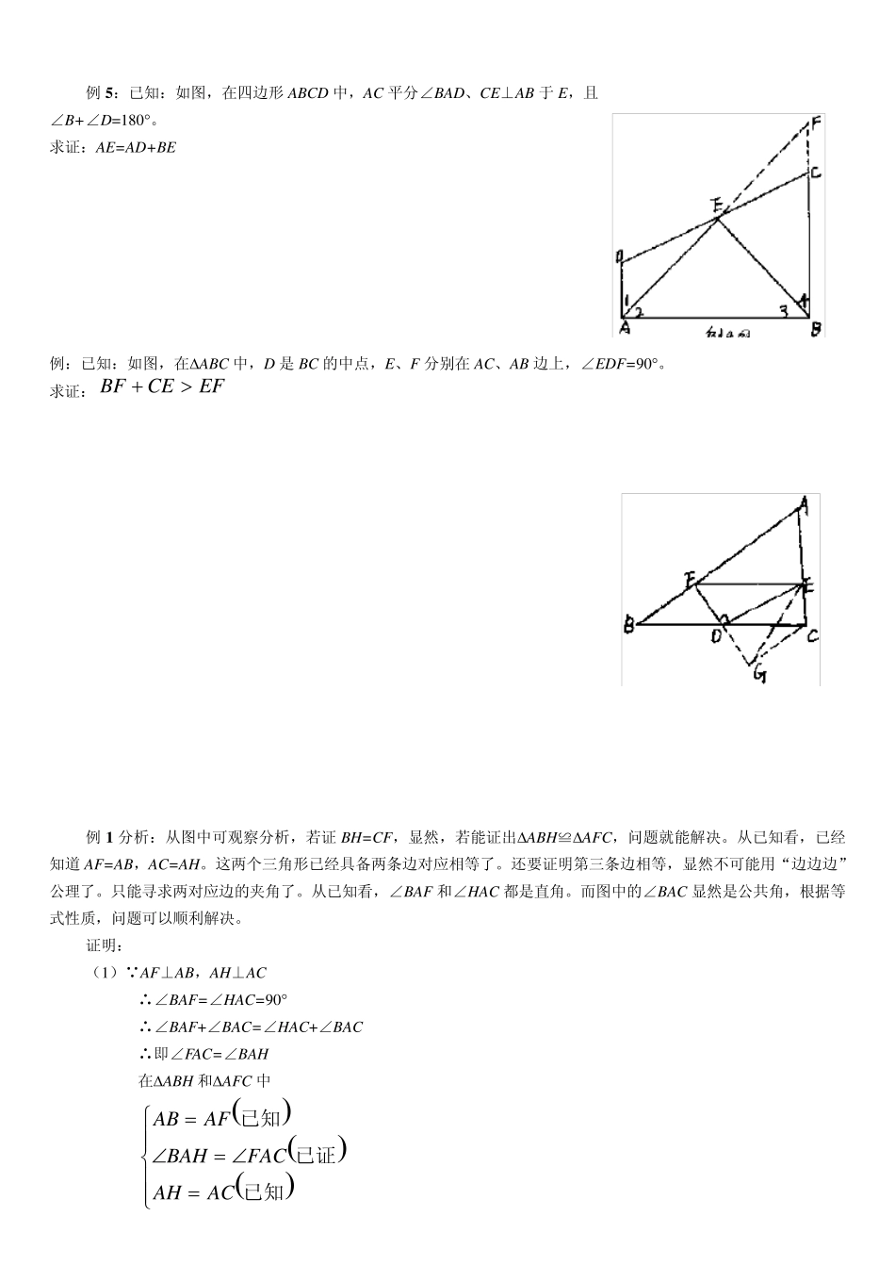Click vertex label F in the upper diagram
[x=815, y=123]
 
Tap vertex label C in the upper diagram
[x=815, y=172]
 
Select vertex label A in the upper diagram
[x=625, y=328]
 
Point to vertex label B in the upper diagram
[x=816, y=328]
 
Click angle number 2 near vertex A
[x=639, y=311]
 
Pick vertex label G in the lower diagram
[x=758, y=674]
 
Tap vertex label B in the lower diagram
[x=628, y=625]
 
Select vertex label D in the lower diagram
[x=717, y=637]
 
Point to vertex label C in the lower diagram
[x=812, y=636]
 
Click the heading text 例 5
[x=100, y=93]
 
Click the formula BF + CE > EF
[x=162, y=386]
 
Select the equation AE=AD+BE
[x=136, y=148]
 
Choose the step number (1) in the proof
[x=104, y=973]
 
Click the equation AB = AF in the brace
[x=191, y=1119]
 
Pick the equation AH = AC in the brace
[x=193, y=1192]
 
